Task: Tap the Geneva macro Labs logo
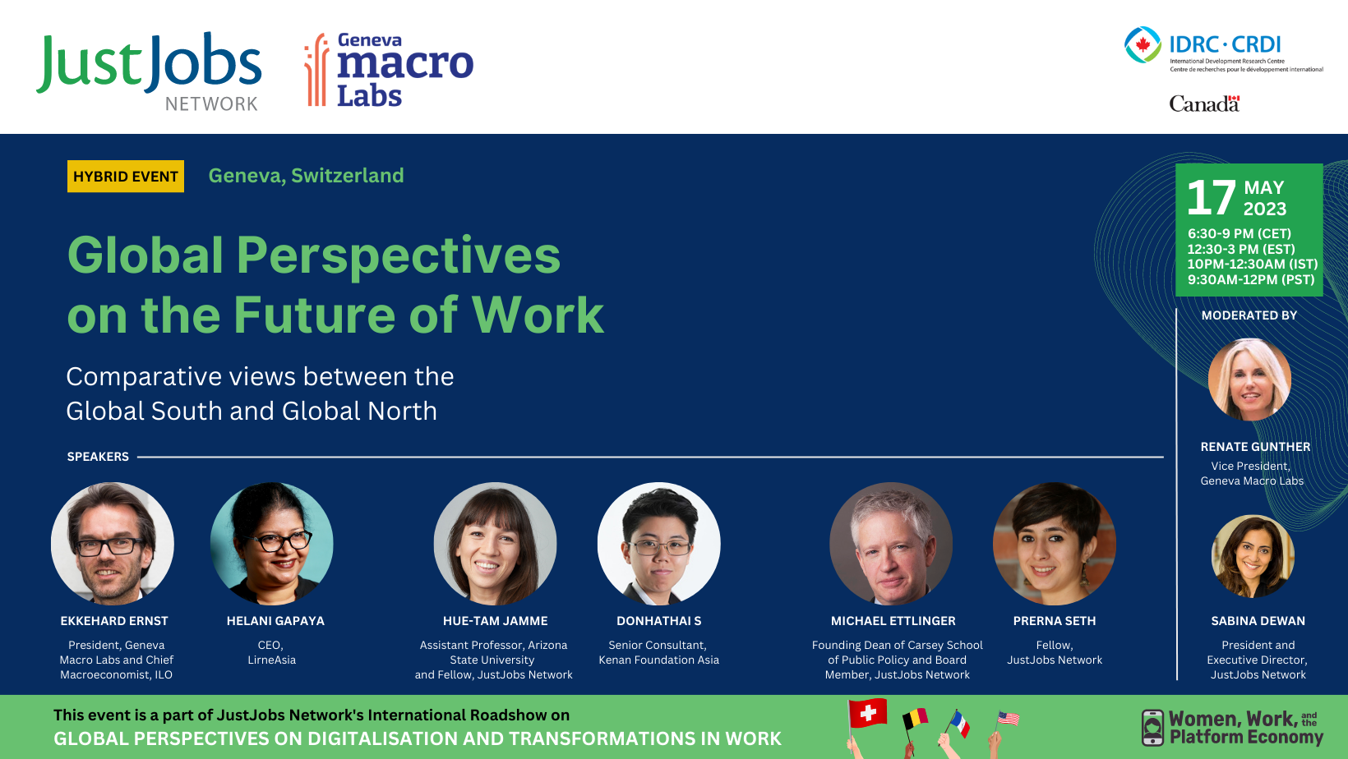coord(389,71)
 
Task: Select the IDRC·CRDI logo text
coord(1225,44)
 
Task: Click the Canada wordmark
coord(1203,103)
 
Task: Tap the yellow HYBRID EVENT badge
coord(126,177)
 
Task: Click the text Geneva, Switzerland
coord(306,176)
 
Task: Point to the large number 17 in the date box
coord(1211,198)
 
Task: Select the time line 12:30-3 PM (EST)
coord(1240,249)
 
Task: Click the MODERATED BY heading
coord(1249,315)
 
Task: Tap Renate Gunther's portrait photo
coord(1249,379)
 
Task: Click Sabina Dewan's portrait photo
coord(1253,556)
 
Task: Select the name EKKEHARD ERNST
coord(114,621)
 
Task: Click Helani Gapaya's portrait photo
coord(272,543)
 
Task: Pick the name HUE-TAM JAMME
coord(495,621)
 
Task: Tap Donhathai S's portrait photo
coord(658,543)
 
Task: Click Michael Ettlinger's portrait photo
coord(891,543)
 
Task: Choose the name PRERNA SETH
coord(1055,621)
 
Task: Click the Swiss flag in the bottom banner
coord(868,713)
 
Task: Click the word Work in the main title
coord(538,315)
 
